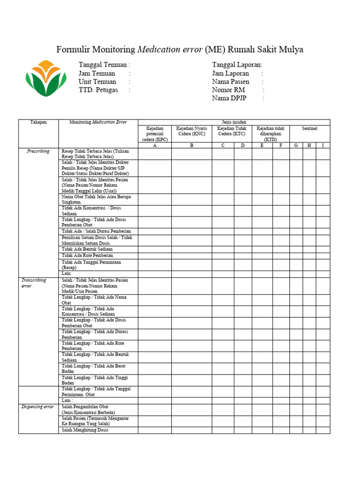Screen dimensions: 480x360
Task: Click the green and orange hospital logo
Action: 46,78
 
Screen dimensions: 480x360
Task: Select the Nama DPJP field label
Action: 229,98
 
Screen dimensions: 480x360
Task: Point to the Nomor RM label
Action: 229,90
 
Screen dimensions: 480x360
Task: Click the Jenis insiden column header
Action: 234,122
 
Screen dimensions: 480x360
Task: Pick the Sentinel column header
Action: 309,128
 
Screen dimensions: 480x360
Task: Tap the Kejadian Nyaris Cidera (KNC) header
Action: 191,131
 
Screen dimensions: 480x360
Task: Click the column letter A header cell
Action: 155,145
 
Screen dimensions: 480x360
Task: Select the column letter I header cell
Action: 322,145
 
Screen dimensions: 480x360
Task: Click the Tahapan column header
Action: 38,122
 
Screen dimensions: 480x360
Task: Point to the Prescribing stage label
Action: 38,151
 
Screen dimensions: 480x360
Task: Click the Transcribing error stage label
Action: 34,283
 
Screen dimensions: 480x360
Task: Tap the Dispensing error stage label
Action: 37,407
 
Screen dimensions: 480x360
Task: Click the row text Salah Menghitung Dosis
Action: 85,430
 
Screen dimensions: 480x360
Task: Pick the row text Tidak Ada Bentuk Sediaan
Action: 88,249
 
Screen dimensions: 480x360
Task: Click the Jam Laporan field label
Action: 231,74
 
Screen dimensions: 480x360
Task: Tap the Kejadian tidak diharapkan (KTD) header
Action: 270,134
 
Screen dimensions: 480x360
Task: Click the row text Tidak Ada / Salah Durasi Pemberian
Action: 96,231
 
